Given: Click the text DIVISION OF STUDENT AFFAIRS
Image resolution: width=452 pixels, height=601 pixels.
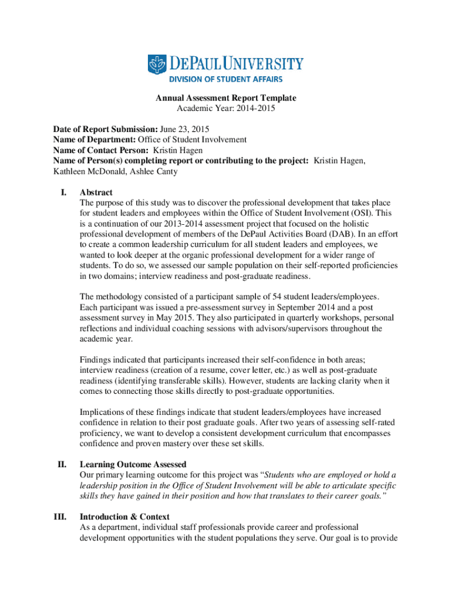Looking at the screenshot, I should (226, 79).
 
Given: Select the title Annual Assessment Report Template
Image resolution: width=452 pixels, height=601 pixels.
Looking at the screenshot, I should (225, 98).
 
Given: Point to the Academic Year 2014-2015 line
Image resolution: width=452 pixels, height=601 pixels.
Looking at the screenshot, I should (225, 108).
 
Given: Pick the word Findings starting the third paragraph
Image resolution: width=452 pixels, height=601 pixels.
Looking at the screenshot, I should (95, 360).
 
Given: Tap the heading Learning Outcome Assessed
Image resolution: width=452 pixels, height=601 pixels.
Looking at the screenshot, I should (133, 465).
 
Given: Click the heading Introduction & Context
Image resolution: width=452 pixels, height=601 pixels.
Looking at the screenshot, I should (124, 517).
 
